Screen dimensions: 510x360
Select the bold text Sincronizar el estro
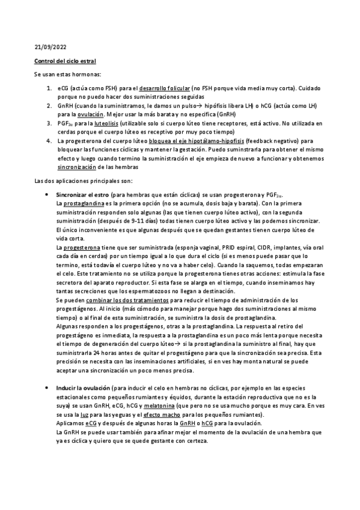pyautogui.click(x=82, y=195)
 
